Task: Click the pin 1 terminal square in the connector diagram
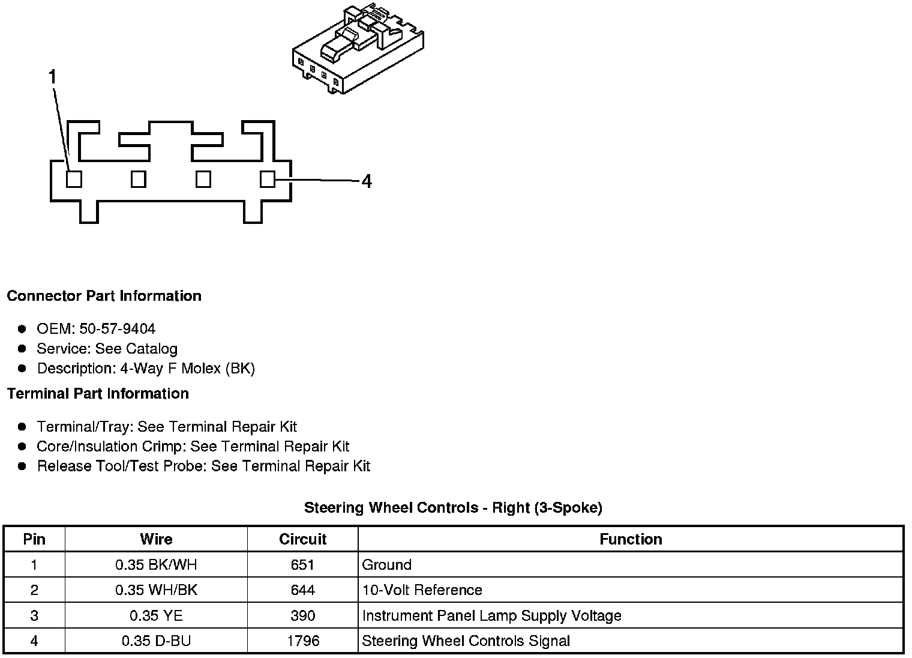coord(74,179)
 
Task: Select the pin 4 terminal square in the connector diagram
coord(268,179)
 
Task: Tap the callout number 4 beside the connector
coord(367,181)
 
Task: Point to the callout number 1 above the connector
coord(53,77)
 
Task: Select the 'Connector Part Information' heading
coord(104,296)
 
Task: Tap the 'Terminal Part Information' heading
coord(98,394)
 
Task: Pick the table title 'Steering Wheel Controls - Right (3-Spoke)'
coord(453,508)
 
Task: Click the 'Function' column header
coord(631,539)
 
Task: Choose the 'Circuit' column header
coord(302,539)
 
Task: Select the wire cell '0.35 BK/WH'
coord(156,565)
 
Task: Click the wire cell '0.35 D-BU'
coord(156,641)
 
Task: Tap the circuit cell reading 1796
coord(303,641)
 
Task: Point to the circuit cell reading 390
coord(303,615)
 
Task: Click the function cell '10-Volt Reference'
coord(422,590)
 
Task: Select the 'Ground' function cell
coord(387,565)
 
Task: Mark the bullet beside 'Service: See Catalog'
coord(22,349)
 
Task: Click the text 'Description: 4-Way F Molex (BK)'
coord(146,369)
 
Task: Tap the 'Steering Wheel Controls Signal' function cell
coord(466,641)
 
